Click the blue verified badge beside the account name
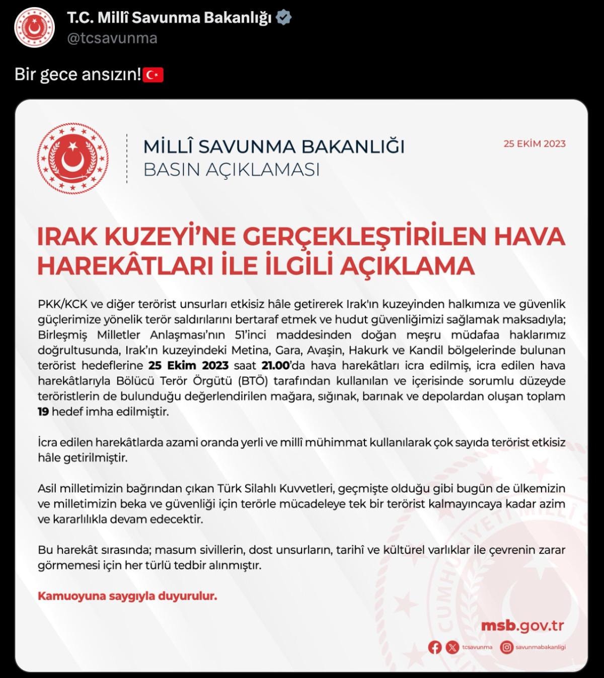[x=284, y=18]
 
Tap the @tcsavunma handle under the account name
[x=112, y=38]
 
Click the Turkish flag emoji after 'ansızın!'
[x=154, y=75]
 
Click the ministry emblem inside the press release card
[x=72, y=159]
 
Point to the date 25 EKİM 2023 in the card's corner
[x=535, y=144]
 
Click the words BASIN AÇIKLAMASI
[x=232, y=170]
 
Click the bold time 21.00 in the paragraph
[x=275, y=365]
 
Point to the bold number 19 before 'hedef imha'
[x=44, y=412]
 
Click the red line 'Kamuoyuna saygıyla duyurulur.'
[x=127, y=596]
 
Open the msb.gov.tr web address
[x=522, y=626]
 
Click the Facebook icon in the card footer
[x=435, y=647]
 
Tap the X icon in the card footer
[x=452, y=647]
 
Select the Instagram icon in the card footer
[x=507, y=647]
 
